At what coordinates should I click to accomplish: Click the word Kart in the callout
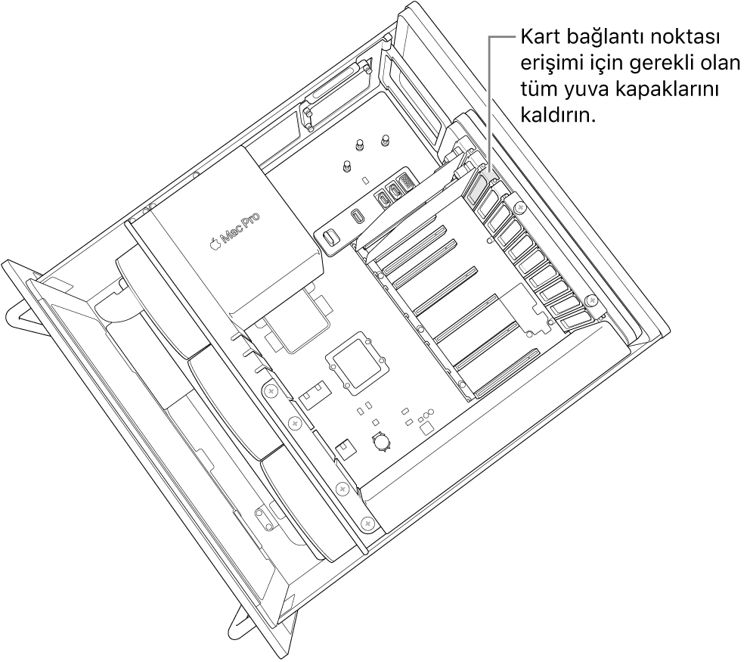[535, 37]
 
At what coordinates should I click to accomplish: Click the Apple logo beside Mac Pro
[216, 244]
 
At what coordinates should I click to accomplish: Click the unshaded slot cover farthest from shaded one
[575, 322]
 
